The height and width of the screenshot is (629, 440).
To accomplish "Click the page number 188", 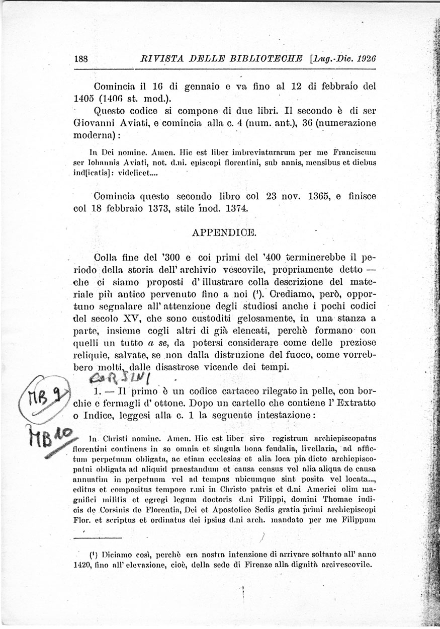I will [80, 58].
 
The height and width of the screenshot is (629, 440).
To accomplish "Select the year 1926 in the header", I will [366, 58].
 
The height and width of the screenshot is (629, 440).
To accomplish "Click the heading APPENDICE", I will [225, 232].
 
